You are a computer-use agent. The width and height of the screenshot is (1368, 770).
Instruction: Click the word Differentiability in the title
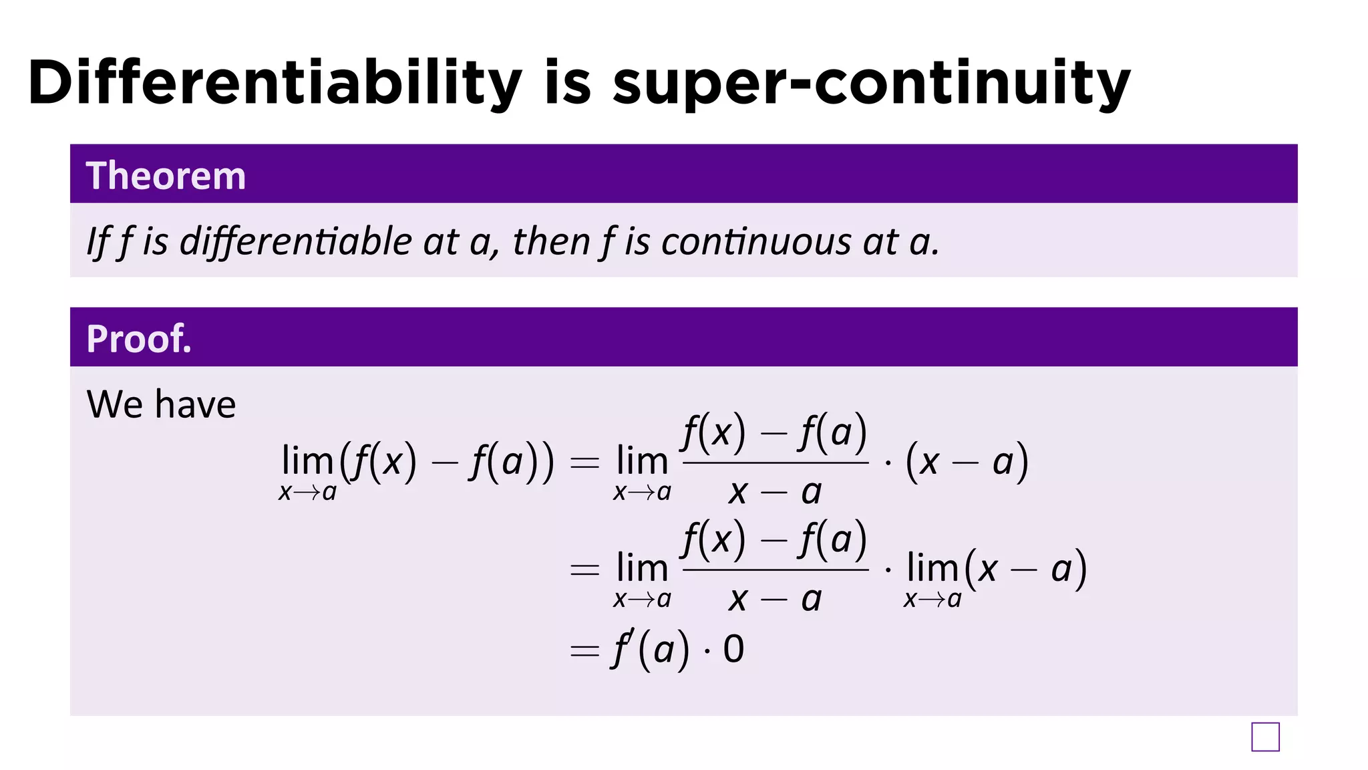tap(275, 83)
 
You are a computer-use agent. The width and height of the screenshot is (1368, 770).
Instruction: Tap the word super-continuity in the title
tap(871, 84)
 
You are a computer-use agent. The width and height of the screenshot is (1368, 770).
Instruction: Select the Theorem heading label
tap(166, 176)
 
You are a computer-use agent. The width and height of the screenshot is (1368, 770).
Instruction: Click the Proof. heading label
tap(139, 339)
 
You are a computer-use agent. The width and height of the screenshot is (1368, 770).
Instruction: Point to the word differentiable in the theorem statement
tap(295, 241)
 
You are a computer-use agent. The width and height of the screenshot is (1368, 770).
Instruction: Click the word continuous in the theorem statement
tap(755, 241)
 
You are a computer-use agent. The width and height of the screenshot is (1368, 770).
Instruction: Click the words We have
tap(161, 404)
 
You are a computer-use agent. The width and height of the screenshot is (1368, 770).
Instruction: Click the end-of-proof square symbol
tap(1265, 737)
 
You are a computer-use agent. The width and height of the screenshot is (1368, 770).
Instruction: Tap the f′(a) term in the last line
tap(650, 649)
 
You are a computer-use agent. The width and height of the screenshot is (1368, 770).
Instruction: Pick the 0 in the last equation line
tap(733, 649)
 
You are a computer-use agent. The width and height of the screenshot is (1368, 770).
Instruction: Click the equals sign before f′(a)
tap(584, 650)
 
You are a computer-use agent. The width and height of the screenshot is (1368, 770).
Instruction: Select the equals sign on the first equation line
tap(584, 463)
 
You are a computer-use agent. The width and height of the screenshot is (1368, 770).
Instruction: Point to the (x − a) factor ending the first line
tap(966, 462)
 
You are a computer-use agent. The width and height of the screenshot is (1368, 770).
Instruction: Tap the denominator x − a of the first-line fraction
tap(775, 493)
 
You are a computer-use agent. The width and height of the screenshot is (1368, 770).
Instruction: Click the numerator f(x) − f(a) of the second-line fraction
tap(775, 539)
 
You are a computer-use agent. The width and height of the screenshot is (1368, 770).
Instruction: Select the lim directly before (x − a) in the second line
tap(932, 569)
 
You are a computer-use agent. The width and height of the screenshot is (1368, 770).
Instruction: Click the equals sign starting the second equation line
tap(584, 569)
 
